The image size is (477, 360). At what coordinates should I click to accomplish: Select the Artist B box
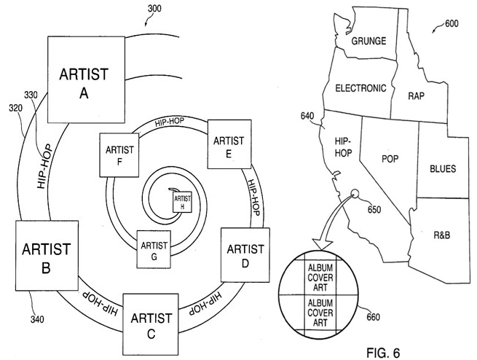(x=45, y=259)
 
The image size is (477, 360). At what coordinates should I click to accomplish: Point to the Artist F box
(x=119, y=156)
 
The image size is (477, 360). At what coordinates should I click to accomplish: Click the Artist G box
(x=154, y=250)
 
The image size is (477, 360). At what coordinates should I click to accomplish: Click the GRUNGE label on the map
(x=368, y=41)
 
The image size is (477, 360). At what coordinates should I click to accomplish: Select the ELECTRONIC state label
(x=360, y=88)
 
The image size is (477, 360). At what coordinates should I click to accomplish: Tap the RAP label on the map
(x=416, y=95)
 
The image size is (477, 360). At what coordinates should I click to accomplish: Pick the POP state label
(x=390, y=157)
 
